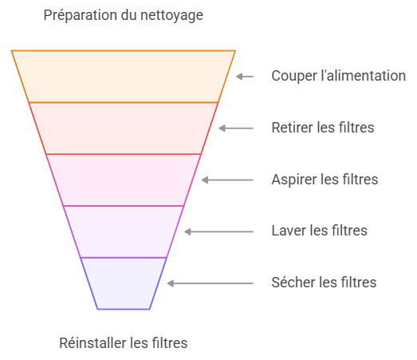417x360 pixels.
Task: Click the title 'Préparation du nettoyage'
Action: tap(123, 15)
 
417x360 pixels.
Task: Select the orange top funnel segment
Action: tap(123, 76)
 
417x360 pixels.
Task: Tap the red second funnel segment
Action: tap(123, 128)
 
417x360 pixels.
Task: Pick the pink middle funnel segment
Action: tap(123, 180)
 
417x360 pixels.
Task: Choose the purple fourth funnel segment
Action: tap(123, 231)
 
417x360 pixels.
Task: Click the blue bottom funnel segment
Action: tap(123, 283)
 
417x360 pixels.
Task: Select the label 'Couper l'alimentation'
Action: tap(339, 76)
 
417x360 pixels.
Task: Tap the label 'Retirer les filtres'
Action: tap(323, 128)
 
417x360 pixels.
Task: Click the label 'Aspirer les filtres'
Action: tap(325, 180)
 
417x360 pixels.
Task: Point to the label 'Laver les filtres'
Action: tap(320, 231)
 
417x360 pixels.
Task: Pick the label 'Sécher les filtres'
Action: tap(324, 283)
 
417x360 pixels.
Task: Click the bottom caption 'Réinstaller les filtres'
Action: tap(124, 343)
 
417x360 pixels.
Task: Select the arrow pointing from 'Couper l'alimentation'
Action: tap(245, 77)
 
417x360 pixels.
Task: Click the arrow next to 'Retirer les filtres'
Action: tap(236, 129)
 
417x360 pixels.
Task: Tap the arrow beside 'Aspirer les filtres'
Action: tap(227, 180)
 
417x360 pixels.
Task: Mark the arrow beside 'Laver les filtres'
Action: tap(219, 232)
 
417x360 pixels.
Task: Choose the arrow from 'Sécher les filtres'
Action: tap(210, 283)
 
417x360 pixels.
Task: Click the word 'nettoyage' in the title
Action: tap(171, 16)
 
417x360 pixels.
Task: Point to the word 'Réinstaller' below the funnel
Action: tap(92, 343)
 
